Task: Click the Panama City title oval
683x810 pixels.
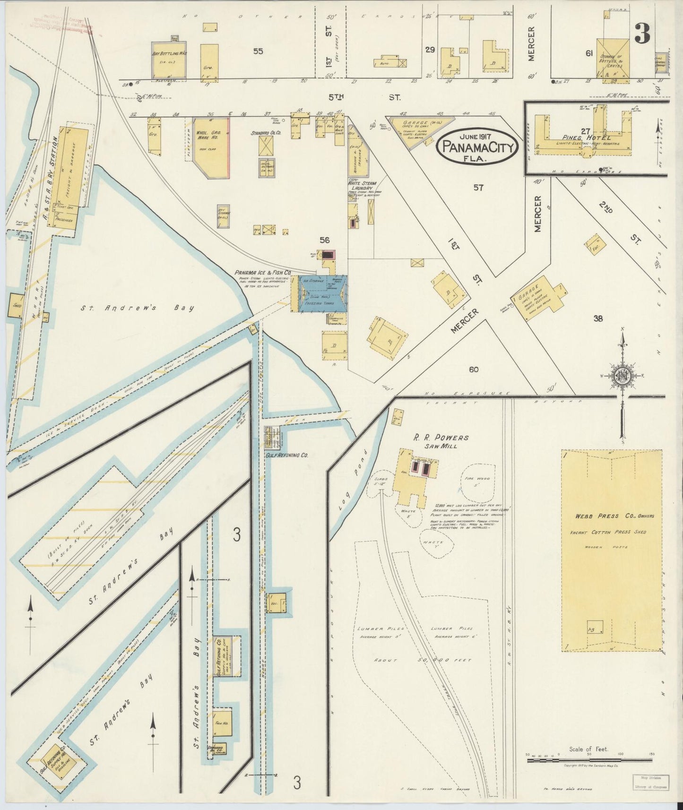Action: point(476,147)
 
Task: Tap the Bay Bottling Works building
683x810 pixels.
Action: point(169,60)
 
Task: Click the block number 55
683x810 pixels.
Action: point(258,51)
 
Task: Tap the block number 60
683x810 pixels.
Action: point(473,370)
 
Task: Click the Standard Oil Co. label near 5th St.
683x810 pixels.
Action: point(266,133)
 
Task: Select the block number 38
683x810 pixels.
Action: point(598,319)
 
